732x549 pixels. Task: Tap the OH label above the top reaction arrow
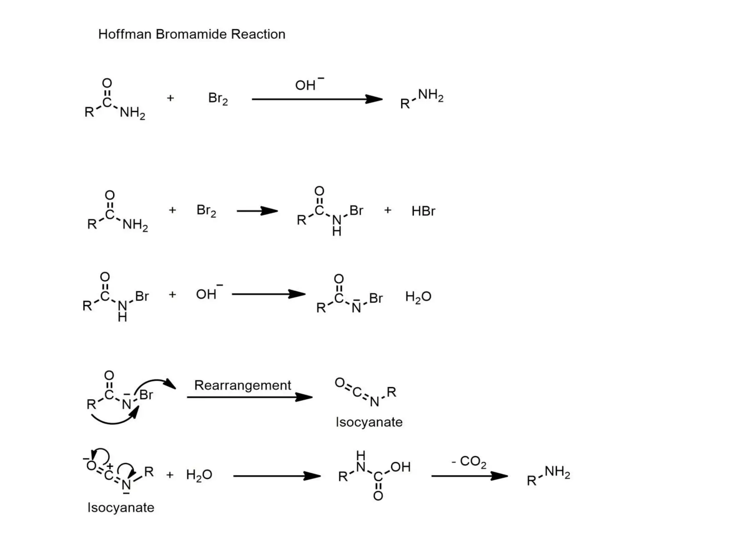pos(305,85)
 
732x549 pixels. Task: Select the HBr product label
pos(423,211)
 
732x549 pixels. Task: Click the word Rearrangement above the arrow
pos(242,385)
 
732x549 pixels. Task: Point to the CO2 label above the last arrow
pos(473,461)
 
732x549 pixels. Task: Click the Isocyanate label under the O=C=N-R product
pos(369,422)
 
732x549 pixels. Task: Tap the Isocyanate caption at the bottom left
pos(121,508)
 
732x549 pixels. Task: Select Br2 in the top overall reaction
pos(218,99)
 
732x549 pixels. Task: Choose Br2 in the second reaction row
pos(206,211)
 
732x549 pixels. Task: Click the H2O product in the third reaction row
pos(418,297)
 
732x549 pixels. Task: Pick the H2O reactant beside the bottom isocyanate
pos(199,475)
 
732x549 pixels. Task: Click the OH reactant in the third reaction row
pos(207,294)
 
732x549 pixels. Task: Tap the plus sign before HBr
pos(388,210)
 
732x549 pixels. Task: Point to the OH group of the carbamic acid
pos(400,467)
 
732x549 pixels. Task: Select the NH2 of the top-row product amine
pos(430,95)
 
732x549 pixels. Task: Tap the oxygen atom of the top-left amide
pos(107,83)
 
